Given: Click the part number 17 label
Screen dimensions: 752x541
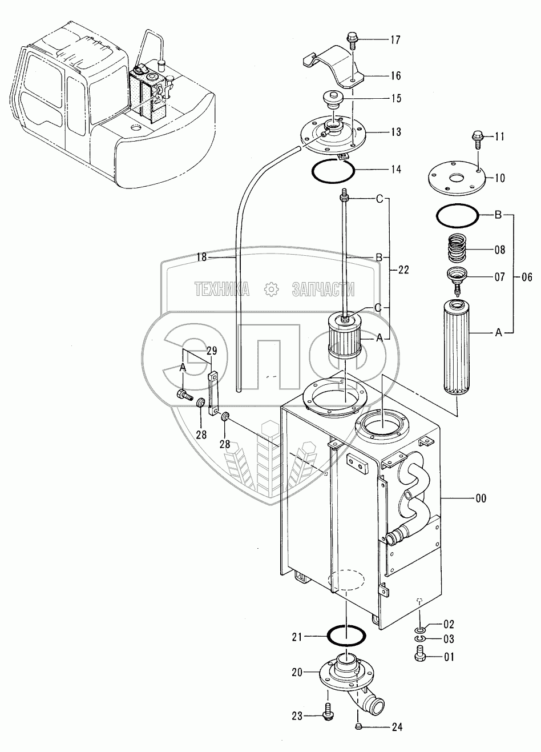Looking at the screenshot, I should pos(395,40).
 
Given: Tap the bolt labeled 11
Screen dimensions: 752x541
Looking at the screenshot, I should pos(478,137).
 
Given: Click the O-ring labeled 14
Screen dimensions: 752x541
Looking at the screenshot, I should pos(334,169).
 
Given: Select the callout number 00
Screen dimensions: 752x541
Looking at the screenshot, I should pos(481,498).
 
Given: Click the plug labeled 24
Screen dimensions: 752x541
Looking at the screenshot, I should pos(359,726).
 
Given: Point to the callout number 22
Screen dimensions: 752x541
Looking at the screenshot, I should pos(403,270).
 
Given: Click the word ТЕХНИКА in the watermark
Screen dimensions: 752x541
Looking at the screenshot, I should pos(221,289).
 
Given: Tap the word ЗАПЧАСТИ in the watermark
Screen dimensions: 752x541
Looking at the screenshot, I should pos(324,289).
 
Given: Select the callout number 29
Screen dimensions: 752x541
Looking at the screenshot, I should pos(212,351).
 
